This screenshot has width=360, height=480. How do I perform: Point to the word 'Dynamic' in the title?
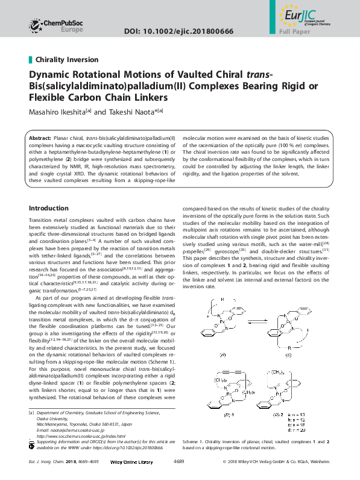[52, 75]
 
